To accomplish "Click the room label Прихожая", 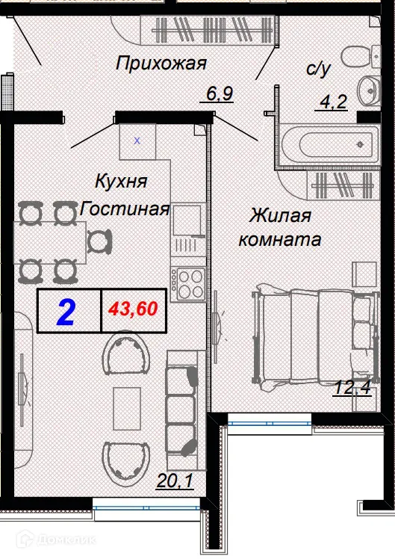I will point(161,64).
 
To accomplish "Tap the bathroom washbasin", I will point(367,90).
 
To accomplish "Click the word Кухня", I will point(121,180).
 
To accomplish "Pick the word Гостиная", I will point(125,209).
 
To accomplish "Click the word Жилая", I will point(280,216).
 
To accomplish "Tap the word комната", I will point(280,241).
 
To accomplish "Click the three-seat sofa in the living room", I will point(181,404).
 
